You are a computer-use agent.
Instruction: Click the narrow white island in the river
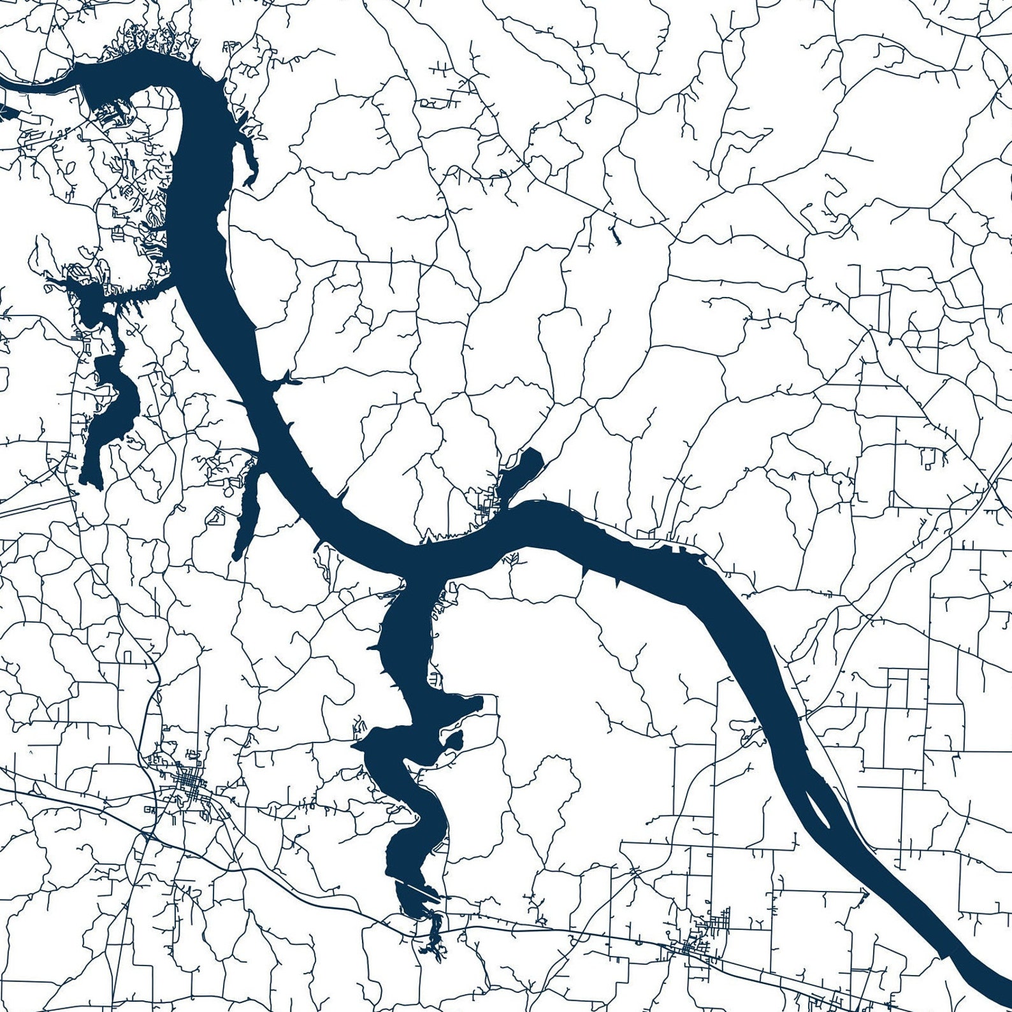pyautogui.click(x=818, y=808)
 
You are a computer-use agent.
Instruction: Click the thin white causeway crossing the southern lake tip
pyautogui.click(x=417, y=888)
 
